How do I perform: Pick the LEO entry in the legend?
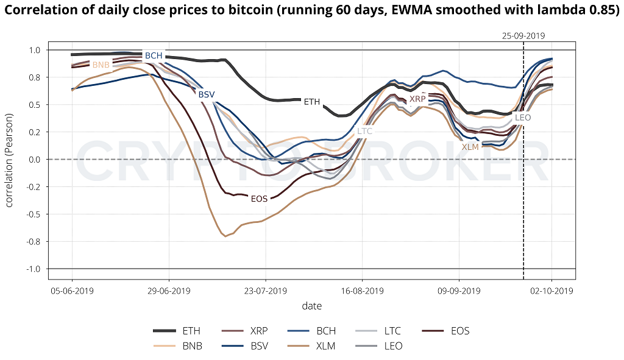[392, 346]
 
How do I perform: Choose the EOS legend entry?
[460, 331]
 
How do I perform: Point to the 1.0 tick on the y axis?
[34, 50]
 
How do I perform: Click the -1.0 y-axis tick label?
[33, 269]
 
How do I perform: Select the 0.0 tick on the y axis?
[34, 160]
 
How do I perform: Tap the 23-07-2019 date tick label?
[265, 291]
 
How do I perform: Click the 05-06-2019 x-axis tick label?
[72, 291]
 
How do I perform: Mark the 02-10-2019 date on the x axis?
[552, 291]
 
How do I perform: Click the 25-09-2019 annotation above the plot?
[524, 36]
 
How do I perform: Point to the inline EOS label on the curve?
[260, 199]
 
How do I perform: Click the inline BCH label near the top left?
[154, 55]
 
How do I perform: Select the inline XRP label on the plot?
[417, 99]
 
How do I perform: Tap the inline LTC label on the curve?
[364, 130]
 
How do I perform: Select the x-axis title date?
[312, 306]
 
